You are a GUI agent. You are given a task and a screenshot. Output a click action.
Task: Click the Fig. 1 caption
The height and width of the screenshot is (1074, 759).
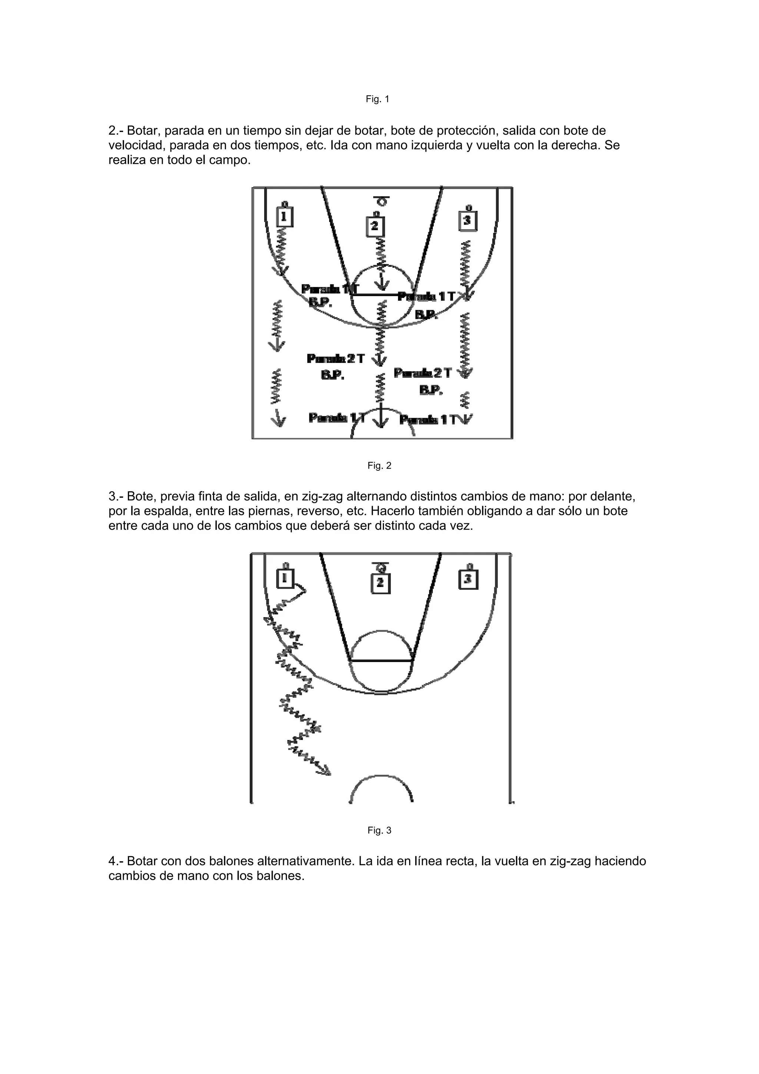tap(377, 99)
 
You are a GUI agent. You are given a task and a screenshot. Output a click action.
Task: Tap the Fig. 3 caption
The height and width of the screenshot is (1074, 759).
tap(379, 830)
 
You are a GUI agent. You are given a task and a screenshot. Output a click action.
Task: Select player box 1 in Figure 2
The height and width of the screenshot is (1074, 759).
tap(284, 217)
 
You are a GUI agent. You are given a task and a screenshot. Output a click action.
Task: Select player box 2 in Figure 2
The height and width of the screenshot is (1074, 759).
tap(375, 227)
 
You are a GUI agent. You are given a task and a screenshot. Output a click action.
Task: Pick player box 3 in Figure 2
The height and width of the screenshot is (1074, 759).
tap(468, 220)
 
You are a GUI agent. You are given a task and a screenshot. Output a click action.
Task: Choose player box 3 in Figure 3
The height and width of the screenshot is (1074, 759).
tap(468, 579)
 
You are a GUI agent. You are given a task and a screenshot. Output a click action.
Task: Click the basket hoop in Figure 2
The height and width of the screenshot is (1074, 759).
tap(382, 202)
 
